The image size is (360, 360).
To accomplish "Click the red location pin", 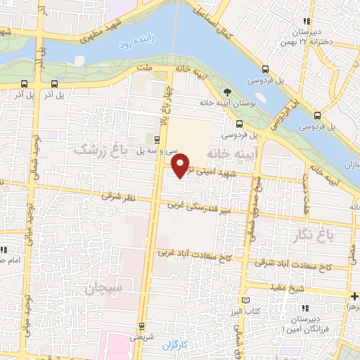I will pyautogui.click(x=181, y=164).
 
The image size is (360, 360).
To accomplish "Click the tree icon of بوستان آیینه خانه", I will pyautogui.click(x=226, y=92).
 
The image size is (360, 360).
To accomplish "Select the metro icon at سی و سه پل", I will pyautogui.click(x=157, y=139).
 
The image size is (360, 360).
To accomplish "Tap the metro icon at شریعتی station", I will pyautogui.click(x=143, y=326).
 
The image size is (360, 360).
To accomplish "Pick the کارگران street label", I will pyautogui.click(x=166, y=346).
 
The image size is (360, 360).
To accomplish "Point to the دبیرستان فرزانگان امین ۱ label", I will pyautogui.click(x=303, y=323).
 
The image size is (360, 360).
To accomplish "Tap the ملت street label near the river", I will pyautogui.click(x=146, y=67).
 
